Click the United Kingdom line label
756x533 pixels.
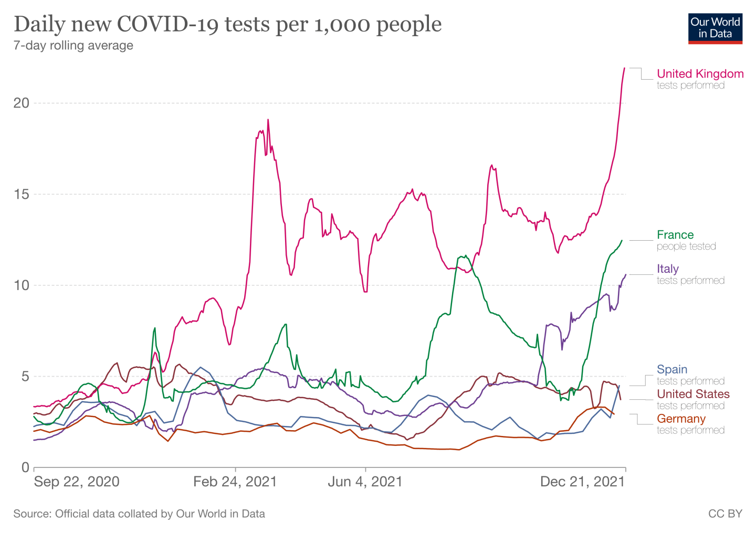pyautogui.click(x=700, y=74)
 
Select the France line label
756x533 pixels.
pyautogui.click(x=675, y=235)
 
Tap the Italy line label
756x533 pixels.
pyautogui.click(x=667, y=269)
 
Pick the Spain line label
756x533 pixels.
pyautogui.click(x=671, y=370)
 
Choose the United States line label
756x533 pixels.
pyautogui.click(x=693, y=394)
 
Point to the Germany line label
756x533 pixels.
pyautogui.click(x=681, y=419)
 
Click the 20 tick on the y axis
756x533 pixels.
pyautogui.click(x=22, y=103)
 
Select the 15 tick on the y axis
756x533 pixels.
pyautogui.click(x=22, y=194)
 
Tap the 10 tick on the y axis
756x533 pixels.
pyautogui.click(x=22, y=285)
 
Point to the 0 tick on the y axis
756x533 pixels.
pyautogui.click(x=25, y=467)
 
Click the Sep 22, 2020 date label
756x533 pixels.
pyautogui.click(x=77, y=482)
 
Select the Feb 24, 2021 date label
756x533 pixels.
pyautogui.click(x=235, y=482)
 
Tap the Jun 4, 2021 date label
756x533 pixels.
pyautogui.click(x=365, y=482)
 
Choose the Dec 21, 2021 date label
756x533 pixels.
pyautogui.click(x=582, y=482)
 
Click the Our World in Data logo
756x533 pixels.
pyautogui.click(x=715, y=28)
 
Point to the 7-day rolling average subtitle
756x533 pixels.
pyautogui.click(x=73, y=46)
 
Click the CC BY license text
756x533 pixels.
pyautogui.click(x=725, y=514)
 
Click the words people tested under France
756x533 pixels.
pyautogui.click(x=686, y=247)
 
